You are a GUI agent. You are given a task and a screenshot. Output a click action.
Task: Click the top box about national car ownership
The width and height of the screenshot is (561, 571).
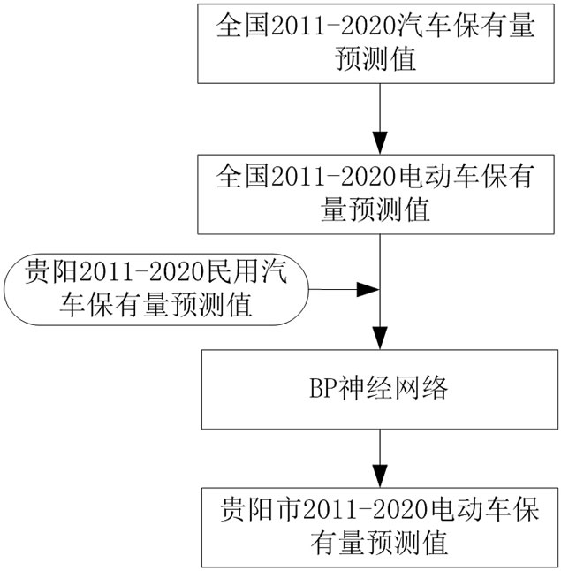[x=378, y=42]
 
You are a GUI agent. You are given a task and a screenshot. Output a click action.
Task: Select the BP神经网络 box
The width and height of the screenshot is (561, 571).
[x=378, y=388]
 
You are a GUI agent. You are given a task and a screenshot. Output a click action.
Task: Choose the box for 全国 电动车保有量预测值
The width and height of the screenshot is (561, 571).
[x=378, y=192]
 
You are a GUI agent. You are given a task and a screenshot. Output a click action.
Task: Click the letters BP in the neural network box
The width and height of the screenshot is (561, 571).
[x=315, y=388]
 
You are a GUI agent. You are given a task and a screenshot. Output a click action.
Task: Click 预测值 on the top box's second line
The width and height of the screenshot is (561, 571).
[x=378, y=60]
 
